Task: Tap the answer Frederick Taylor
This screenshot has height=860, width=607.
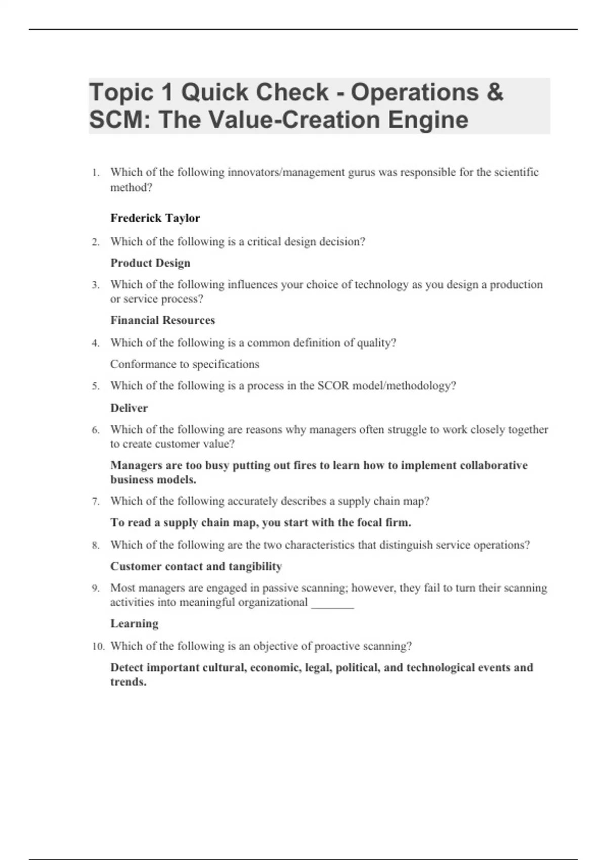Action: [155, 218]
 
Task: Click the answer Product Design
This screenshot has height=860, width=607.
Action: [150, 263]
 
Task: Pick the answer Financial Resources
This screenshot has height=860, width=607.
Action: [162, 320]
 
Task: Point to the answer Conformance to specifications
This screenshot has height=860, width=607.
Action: [185, 364]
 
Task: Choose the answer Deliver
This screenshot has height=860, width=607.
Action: [129, 408]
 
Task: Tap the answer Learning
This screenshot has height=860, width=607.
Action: [134, 624]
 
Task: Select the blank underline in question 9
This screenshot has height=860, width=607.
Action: [332, 603]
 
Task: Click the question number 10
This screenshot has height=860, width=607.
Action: [98, 647]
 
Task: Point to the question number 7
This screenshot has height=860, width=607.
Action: [96, 502]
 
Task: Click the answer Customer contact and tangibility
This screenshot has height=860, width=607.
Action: [196, 567]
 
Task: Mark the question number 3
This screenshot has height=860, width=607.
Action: [96, 285]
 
